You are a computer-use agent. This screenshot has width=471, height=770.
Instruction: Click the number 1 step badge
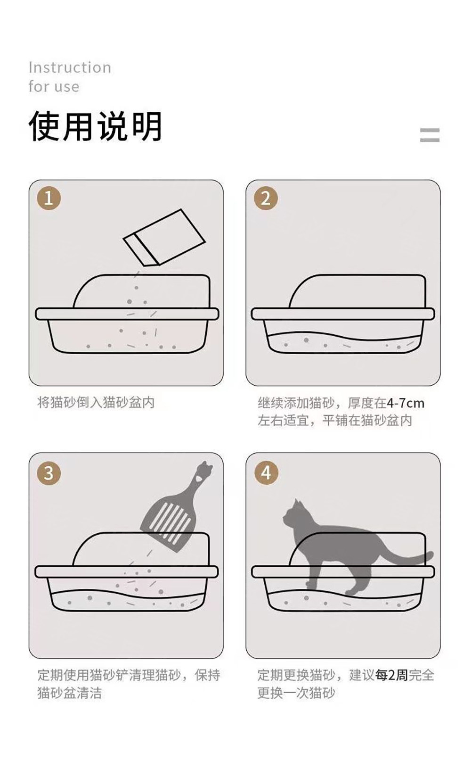point(49,199)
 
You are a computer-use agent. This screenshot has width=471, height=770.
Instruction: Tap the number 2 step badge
point(266,199)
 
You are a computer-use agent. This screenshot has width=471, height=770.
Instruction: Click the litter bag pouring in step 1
point(164,237)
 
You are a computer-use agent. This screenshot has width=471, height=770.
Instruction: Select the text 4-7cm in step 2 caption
point(406,403)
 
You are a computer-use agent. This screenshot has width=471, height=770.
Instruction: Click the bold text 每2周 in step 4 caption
point(391,675)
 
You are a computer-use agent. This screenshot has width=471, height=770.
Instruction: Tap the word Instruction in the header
point(70,67)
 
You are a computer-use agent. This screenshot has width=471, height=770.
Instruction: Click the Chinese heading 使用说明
point(95,126)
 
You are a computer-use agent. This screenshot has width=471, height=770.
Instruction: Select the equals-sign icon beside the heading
point(430,135)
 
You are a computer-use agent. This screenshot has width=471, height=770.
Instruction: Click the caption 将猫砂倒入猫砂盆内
point(96,403)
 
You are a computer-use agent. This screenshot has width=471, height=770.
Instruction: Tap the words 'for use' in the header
point(54,86)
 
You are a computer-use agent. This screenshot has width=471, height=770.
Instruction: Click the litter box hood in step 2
point(357,291)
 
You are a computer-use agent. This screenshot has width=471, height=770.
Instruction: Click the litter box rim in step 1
point(127,314)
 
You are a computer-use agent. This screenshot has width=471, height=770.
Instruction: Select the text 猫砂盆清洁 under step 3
point(70,693)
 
